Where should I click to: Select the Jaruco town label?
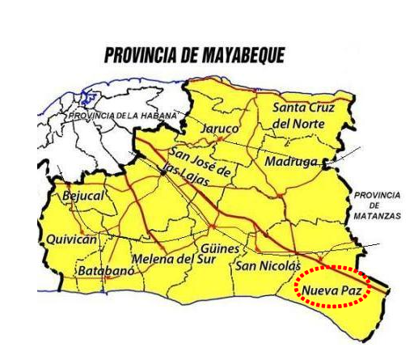pyautogui.click(x=219, y=129)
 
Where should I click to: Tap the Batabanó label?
pyautogui.click(x=104, y=270)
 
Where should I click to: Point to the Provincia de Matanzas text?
pyautogui.click(x=376, y=206)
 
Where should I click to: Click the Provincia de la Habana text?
pyautogui.click(x=121, y=116)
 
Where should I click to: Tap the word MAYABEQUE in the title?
pyautogui.click(x=243, y=55)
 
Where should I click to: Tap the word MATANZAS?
pyautogui.click(x=376, y=217)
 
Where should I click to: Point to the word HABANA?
pyautogui.click(x=158, y=116)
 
